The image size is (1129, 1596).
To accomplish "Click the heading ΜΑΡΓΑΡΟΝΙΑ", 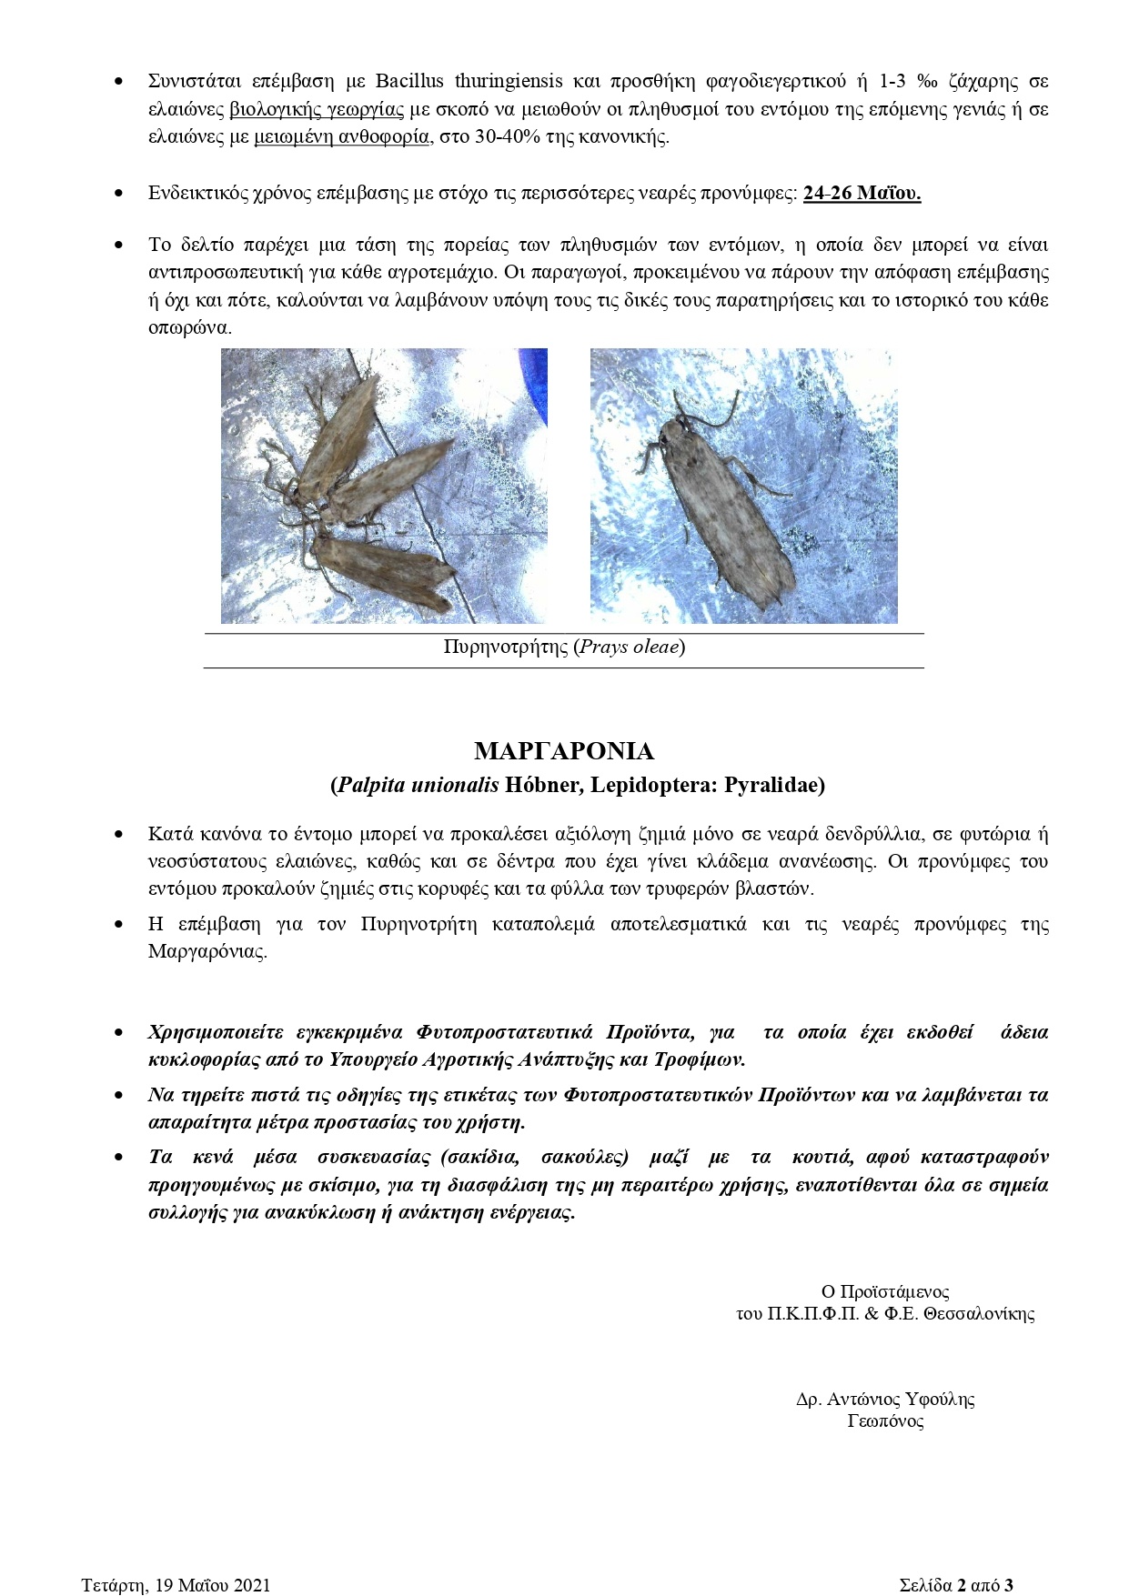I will [x=564, y=751].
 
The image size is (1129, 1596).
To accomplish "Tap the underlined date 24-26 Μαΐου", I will [x=862, y=194].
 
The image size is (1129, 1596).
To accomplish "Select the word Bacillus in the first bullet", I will [x=409, y=82].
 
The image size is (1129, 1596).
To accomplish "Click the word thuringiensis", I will [x=509, y=82].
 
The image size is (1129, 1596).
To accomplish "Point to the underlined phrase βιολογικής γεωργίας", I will [x=317, y=110].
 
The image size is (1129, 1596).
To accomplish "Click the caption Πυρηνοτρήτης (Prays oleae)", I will [x=564, y=647].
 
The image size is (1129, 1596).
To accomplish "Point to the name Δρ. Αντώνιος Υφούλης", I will [x=884, y=1400].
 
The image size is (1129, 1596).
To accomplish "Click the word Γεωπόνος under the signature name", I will [x=885, y=1421].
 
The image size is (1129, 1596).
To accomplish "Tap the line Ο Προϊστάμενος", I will [x=884, y=1291].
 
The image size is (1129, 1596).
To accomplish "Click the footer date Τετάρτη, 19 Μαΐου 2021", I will [x=176, y=1585].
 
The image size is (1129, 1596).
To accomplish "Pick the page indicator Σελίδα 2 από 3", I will [x=955, y=1585].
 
